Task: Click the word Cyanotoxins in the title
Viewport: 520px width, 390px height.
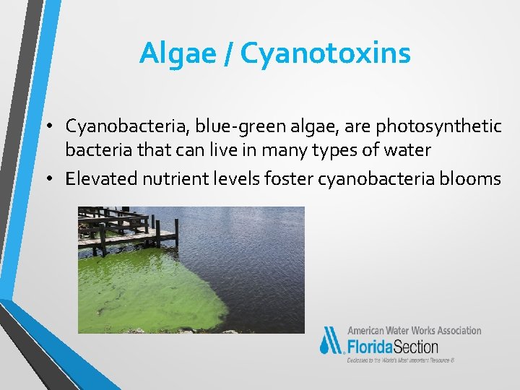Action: [x=325, y=53]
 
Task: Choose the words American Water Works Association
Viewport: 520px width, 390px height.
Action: [x=414, y=330]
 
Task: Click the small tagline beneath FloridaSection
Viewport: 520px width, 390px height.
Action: [x=401, y=359]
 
